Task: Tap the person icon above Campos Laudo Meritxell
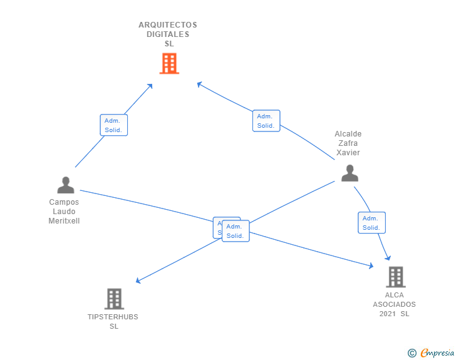pos(65,185)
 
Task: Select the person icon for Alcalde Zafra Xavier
pos(350,173)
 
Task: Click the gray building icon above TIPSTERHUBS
pos(114,299)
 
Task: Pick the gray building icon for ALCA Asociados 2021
pos(395,277)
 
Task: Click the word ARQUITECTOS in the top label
pos(168,25)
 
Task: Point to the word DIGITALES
pos(168,34)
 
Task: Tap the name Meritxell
pos(64,221)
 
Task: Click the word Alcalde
pos(348,134)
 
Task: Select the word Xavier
pos(348,153)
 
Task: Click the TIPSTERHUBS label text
pos(113,317)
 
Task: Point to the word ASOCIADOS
pos(394,304)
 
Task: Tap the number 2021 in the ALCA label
pos(388,314)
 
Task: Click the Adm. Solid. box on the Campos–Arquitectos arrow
pos(114,125)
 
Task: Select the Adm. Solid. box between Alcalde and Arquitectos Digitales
pos(266,121)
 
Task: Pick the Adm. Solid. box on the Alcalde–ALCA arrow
pos(371,223)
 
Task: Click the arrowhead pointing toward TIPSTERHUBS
pos(138,282)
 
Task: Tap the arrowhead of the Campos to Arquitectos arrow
pos(150,86)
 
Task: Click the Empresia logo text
pos(437,353)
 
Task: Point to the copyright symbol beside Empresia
pos(412,353)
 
